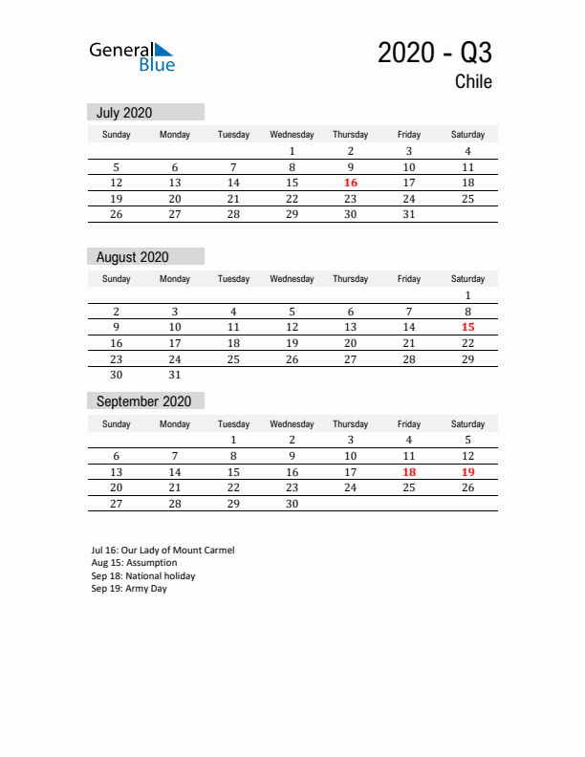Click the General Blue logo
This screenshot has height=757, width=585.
[132, 56]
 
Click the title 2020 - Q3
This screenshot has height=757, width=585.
[435, 53]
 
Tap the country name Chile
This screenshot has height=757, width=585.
[473, 82]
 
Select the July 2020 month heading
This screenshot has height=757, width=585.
[124, 113]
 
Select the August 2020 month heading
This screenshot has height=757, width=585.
[132, 257]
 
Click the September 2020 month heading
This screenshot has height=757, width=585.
[143, 401]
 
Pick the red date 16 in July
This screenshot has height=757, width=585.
[351, 183]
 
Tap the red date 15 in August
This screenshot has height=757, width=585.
[467, 327]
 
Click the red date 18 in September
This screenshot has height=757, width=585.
[409, 471]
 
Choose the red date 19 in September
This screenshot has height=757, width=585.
[467, 471]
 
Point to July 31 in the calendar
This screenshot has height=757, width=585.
[409, 214]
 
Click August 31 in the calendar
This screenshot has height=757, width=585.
[175, 375]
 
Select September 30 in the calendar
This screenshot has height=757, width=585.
[292, 504]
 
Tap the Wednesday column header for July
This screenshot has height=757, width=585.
[292, 135]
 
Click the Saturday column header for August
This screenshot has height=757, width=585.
[467, 279]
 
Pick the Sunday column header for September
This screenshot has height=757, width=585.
[117, 423]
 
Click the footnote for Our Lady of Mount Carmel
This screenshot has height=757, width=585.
[162, 551]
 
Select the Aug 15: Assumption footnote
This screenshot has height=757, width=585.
[134, 563]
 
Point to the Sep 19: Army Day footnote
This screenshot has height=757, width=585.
[129, 589]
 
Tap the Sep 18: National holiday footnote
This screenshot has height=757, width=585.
[143, 576]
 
